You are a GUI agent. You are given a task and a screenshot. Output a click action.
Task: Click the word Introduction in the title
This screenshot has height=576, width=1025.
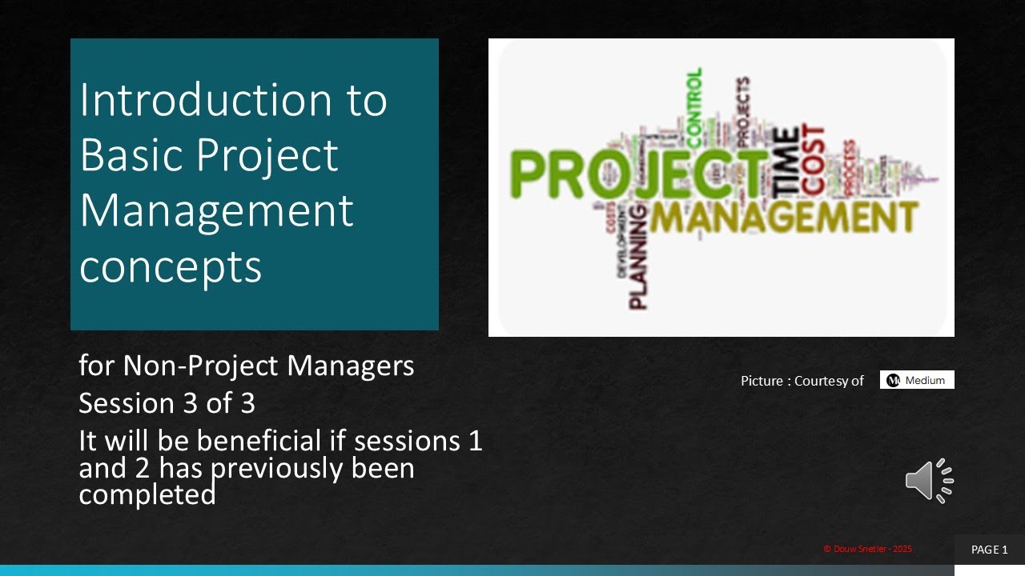(x=204, y=100)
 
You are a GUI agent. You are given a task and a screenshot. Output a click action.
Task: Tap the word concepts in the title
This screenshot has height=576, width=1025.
(x=171, y=266)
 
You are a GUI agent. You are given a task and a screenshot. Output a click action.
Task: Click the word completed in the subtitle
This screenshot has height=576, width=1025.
(x=147, y=495)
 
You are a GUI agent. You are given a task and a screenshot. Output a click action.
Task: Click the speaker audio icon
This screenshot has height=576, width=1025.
(x=929, y=481)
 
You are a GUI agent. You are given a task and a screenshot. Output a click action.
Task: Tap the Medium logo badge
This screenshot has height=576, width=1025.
(x=917, y=380)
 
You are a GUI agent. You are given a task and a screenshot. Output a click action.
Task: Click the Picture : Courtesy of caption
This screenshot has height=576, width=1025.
(x=802, y=381)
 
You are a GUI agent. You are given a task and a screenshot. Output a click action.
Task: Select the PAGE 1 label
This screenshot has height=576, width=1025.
(x=989, y=550)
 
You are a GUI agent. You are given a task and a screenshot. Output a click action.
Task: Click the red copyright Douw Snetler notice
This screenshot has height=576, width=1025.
(x=867, y=549)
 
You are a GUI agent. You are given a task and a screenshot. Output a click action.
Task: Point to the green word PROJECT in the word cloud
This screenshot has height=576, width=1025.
(x=637, y=174)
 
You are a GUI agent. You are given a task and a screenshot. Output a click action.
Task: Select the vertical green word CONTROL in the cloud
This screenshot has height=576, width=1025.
(x=693, y=104)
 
